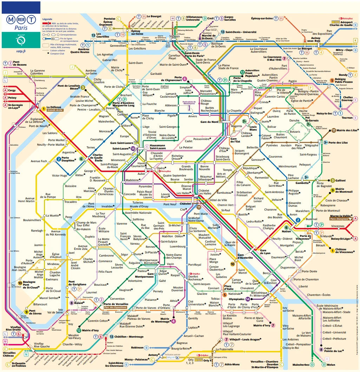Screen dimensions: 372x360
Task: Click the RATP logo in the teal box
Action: pos(21,40)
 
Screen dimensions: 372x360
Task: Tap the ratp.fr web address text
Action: pos(21,51)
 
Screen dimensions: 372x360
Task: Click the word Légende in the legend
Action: pos(47,19)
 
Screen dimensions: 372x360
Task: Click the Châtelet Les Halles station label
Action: pos(205,192)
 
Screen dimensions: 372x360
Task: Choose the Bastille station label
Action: pos(243,214)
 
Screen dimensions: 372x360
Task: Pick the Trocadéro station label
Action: pos(71,202)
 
